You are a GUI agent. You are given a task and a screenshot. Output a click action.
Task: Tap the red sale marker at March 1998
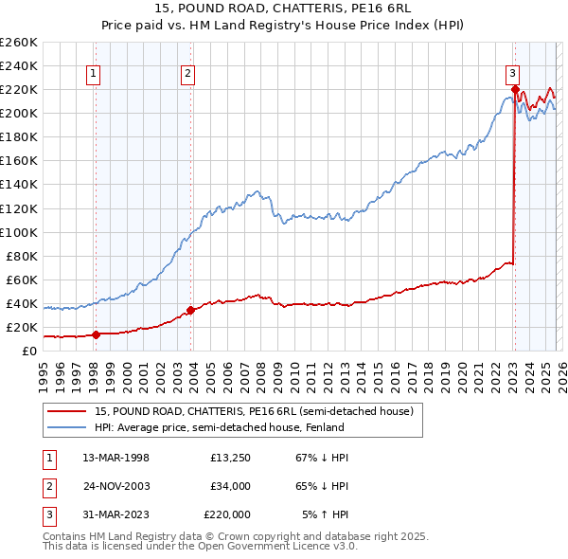[96, 334]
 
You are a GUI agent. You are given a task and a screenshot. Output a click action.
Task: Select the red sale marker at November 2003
[190, 310]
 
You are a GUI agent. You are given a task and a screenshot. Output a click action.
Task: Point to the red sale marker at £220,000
[515, 90]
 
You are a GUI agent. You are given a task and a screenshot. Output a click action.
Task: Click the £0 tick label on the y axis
[28, 351]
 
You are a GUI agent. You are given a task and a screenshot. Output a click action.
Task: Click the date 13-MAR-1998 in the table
[115, 458]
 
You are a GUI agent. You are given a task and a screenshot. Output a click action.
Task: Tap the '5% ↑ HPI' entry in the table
[325, 514]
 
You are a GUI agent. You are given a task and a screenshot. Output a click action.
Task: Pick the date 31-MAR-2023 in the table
[115, 514]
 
